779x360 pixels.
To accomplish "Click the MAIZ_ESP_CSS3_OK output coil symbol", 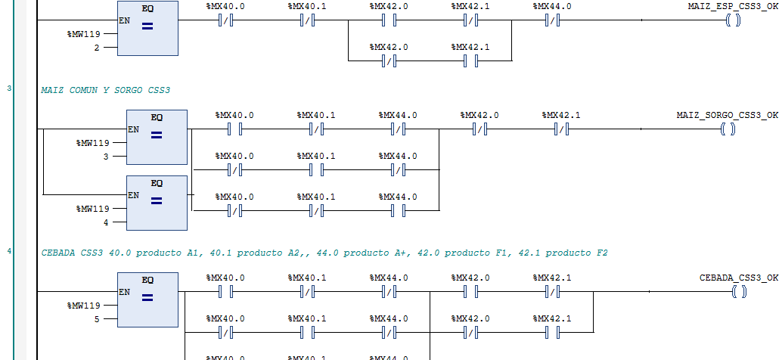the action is [x=733, y=20].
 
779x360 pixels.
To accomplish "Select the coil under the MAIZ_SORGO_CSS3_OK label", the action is [x=728, y=129].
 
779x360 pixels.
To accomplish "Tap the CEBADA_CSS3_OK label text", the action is [x=738, y=278].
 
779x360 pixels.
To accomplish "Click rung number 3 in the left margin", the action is [x=9, y=88].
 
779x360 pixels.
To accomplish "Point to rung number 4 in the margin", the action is [x=9, y=251].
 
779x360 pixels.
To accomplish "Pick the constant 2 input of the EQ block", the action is [x=96, y=48].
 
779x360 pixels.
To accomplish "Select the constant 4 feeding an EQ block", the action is [x=105, y=222].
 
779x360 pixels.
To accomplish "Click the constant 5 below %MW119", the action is [x=96, y=319].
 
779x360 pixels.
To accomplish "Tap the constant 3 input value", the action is [x=105, y=157].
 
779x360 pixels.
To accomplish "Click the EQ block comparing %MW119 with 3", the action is [x=157, y=137].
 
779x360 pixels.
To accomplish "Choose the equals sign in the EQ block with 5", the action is [x=147, y=298].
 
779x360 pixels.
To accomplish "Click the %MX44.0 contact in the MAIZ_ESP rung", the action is [x=552, y=20].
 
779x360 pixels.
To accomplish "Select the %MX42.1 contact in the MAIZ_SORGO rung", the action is [x=561, y=129].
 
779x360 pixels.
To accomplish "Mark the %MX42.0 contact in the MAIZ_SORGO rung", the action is [x=480, y=129].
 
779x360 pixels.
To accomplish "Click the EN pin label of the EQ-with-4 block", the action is [x=133, y=195].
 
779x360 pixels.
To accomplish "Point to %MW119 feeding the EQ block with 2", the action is [x=83, y=34].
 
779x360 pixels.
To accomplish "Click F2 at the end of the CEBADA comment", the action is [x=601, y=253].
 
